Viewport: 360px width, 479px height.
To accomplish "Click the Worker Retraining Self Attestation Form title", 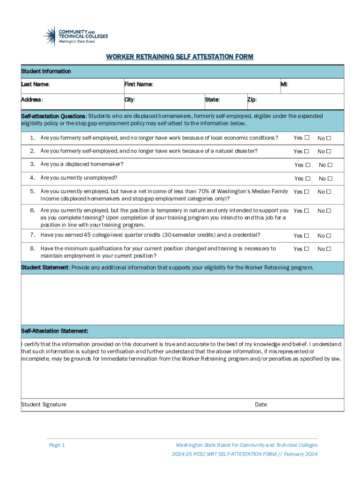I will coord(180,57).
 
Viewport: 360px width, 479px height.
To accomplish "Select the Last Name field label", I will coord(36,85).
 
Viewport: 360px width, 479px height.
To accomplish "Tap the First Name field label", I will coord(139,85).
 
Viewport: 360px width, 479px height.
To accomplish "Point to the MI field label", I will coord(284,85).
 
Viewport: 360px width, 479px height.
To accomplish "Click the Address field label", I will coord(32,100).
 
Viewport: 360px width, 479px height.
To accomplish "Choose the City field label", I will coord(130,100).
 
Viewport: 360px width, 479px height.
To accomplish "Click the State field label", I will coord(212,100).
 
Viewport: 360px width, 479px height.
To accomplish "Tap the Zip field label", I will coord(252,100).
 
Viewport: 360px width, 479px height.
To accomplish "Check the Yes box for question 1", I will coord(307,138).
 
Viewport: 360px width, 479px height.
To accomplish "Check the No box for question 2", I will coord(329,152).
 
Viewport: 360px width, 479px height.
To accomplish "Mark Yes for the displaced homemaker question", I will coord(308,165).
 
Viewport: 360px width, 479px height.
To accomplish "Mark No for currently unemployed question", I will coord(330,178).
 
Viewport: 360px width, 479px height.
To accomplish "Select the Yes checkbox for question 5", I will coord(307,192).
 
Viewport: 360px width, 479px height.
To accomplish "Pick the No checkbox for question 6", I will coord(329,211).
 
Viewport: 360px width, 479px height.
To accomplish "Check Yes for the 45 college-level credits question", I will coord(307,236).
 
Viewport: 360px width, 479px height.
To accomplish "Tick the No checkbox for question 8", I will coord(329,249).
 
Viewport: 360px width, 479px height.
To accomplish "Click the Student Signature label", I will coord(43,405).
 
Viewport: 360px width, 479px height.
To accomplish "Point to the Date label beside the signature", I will coord(261,405).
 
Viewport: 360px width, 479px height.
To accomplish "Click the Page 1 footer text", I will coord(57,445).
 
